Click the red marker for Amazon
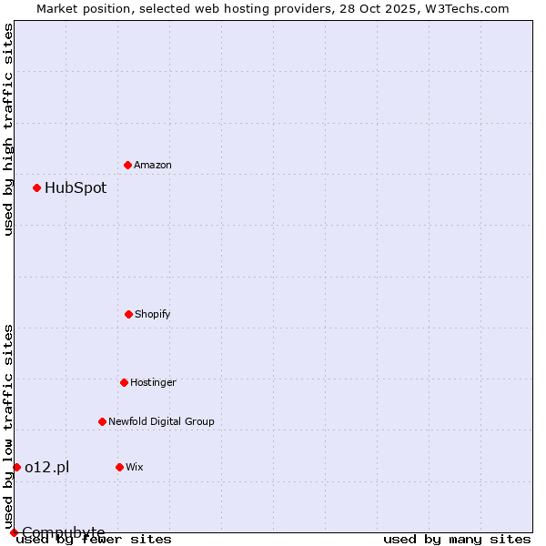(127, 165)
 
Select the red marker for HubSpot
(37, 187)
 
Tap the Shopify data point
(128, 314)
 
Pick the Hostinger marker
(124, 382)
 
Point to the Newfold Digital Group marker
(102, 421)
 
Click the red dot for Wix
(119, 467)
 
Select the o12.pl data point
(16, 467)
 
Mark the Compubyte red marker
(14, 532)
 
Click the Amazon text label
(153, 165)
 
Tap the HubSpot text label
(76, 188)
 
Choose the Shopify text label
(153, 314)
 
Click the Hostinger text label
(153, 382)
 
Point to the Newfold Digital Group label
(161, 421)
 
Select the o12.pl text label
(46, 467)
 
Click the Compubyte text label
(64, 532)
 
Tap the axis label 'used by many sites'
(457, 540)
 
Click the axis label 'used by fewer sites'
(94, 540)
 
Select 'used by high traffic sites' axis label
(8, 129)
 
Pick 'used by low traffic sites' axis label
(8, 426)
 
